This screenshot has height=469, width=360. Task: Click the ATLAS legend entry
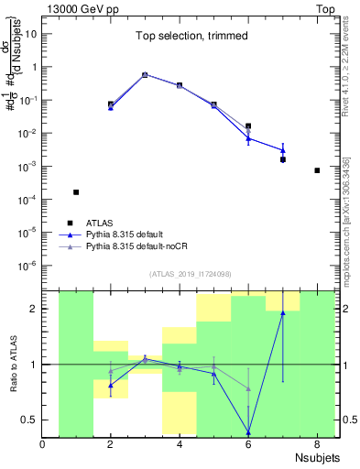(x=97, y=223)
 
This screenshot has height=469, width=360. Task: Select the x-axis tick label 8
(x=317, y=446)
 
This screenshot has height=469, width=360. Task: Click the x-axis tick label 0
(x=43, y=446)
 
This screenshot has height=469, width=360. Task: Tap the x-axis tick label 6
(x=248, y=446)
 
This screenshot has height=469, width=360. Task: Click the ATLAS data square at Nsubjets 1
(x=76, y=192)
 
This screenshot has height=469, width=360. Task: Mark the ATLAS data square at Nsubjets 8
(x=317, y=170)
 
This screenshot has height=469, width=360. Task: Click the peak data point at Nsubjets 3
(x=145, y=75)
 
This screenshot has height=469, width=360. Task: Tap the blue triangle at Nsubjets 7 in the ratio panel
(x=283, y=313)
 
